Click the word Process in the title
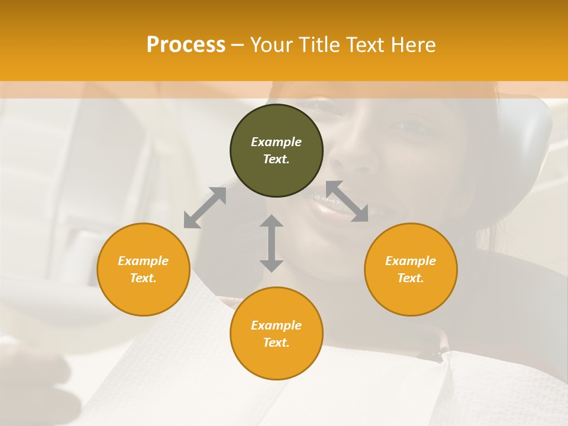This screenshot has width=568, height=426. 186,44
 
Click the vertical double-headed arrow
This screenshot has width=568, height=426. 272,243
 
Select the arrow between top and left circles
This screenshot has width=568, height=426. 205,208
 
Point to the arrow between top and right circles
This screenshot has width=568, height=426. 347,201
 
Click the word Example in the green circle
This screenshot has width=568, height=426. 276,142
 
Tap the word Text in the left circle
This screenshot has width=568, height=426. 143,278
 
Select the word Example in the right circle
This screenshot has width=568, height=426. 411,261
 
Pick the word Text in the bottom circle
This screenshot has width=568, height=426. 276,343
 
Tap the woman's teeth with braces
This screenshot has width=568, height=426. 329,204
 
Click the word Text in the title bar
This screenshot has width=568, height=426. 364,45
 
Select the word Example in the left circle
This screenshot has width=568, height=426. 143,261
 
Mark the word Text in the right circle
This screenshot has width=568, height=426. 411,278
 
